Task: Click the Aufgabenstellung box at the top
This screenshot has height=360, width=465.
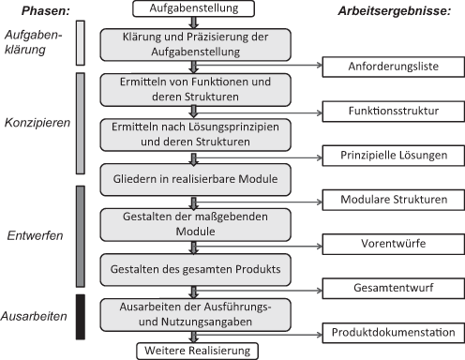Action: (194, 8)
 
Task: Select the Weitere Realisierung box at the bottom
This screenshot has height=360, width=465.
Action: (194, 351)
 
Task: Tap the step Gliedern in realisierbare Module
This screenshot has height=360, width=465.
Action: (194, 178)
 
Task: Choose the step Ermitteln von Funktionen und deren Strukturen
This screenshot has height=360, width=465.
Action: (194, 89)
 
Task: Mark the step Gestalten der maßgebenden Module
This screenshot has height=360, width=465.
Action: (194, 223)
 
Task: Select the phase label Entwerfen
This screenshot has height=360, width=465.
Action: (34, 235)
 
